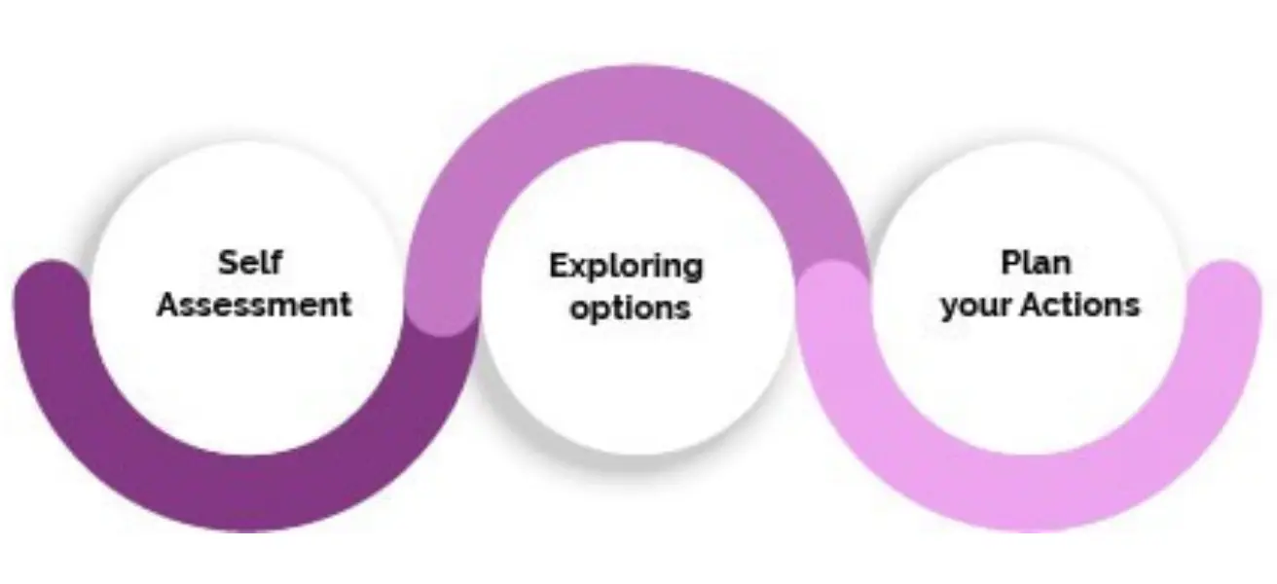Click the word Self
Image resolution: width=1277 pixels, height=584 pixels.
pyautogui.click(x=249, y=263)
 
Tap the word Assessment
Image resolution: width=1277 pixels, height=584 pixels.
pyautogui.click(x=254, y=305)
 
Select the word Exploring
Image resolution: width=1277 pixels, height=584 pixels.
pyautogui.click(x=626, y=266)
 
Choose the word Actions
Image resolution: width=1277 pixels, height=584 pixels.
pyautogui.click(x=1079, y=305)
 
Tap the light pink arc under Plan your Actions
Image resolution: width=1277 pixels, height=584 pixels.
pyautogui.click(x=1032, y=492)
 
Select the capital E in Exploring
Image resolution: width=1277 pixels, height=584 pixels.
pyautogui.click(x=559, y=264)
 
